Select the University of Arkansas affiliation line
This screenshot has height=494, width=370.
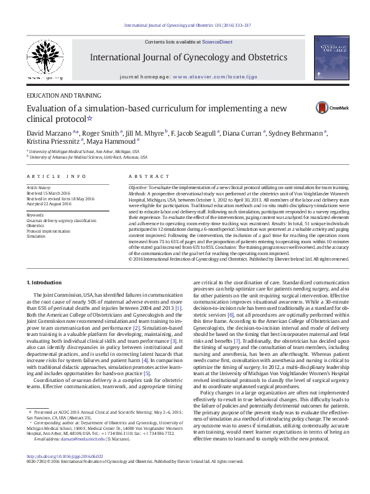tap(83, 157)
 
